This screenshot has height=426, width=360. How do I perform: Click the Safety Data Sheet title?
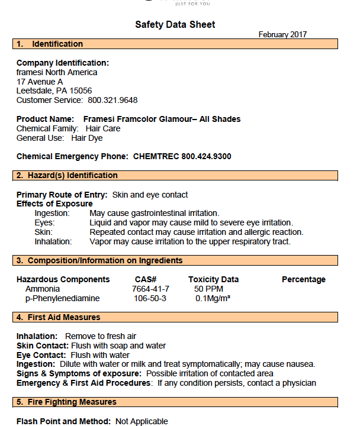175,24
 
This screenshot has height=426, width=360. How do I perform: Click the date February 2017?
282,35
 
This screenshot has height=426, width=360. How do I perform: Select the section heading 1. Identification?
50,44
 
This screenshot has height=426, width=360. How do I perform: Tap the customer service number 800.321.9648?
117,100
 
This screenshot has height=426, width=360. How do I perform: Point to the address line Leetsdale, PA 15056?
54,91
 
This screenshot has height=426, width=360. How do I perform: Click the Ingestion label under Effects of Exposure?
52,213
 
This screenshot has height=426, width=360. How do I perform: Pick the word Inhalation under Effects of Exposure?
53,241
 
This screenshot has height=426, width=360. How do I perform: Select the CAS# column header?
146,279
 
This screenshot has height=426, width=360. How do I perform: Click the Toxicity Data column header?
213,279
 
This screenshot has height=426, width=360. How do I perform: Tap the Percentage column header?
303,279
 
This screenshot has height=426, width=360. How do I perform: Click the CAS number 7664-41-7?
150,289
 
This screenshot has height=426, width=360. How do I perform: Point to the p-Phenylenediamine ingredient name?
62,298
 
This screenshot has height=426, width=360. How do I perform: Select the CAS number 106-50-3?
150,298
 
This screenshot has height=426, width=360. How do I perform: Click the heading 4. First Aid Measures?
58,317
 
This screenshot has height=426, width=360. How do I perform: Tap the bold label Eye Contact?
41,355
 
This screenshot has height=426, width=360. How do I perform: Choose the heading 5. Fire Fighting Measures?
66,402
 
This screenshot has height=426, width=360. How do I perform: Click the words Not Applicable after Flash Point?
142,421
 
